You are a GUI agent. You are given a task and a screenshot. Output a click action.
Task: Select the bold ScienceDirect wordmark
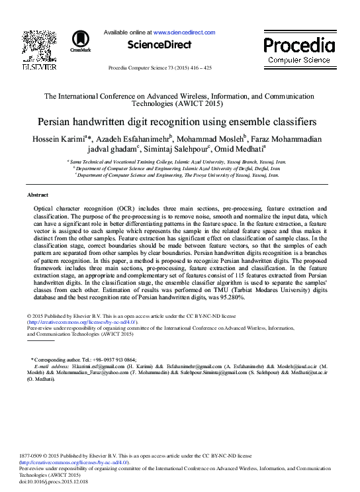point(159,45)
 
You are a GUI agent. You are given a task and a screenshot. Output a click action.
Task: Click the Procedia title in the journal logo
point(299,45)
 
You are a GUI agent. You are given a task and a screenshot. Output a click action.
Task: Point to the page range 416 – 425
point(197,68)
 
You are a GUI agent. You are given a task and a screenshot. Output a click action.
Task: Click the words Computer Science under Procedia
point(299,60)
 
